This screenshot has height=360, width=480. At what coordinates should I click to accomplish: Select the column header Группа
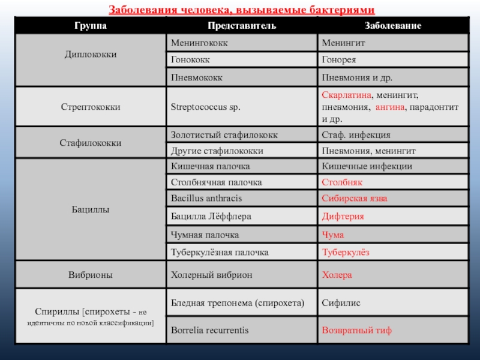(x=91, y=26)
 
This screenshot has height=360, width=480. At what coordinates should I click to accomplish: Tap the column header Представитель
(x=242, y=26)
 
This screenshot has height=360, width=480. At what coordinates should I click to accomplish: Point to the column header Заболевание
(x=393, y=26)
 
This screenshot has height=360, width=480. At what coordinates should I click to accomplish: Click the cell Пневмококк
(x=197, y=77)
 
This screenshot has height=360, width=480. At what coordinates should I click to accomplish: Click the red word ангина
(x=391, y=107)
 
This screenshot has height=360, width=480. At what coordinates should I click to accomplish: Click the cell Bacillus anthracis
(x=207, y=197)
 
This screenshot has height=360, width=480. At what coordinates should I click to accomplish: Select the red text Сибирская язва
(x=355, y=197)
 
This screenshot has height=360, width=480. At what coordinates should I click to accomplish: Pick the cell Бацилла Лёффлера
(x=211, y=216)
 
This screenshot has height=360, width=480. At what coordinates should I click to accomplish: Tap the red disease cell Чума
(x=333, y=235)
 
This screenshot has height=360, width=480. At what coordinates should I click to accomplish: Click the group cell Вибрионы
(x=91, y=275)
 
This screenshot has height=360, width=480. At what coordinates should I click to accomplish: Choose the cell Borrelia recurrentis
(x=209, y=330)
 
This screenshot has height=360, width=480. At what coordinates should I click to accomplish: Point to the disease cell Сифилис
(x=341, y=303)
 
